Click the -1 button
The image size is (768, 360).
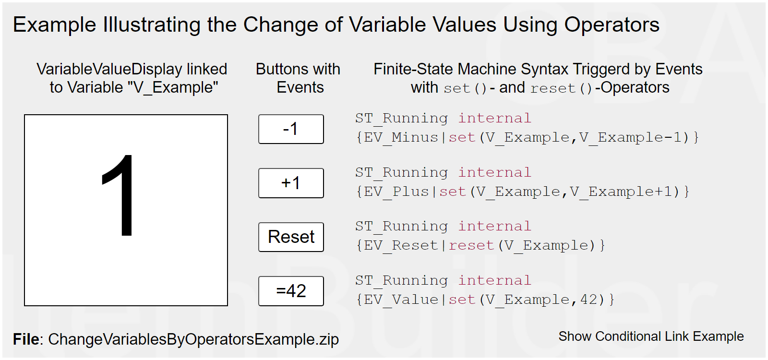click(291, 129)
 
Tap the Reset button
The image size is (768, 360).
click(291, 237)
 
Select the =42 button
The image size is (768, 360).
click(291, 291)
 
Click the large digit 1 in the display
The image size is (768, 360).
click(118, 195)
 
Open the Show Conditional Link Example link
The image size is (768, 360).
click(651, 336)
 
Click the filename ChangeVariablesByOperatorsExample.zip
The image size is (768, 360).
click(193, 339)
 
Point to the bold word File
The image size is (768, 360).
click(26, 339)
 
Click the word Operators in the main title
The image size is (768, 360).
click(612, 24)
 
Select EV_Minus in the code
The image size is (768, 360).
click(401, 137)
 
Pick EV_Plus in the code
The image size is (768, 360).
click(396, 192)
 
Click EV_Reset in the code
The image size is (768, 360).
click(401, 245)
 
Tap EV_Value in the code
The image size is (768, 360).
click(401, 300)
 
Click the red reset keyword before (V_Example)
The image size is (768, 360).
click(471, 245)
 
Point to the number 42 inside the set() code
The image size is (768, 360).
click(589, 300)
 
